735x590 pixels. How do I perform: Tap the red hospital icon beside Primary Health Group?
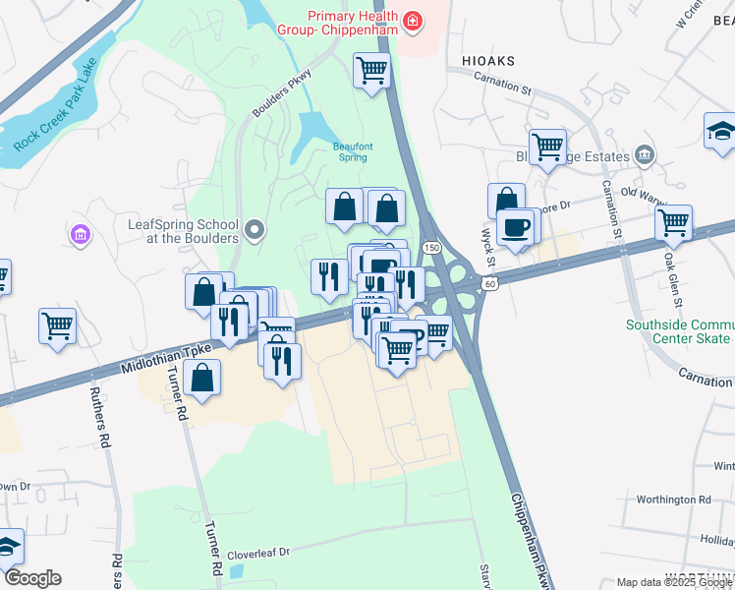coord(414,20)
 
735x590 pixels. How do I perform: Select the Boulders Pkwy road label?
coord(282,94)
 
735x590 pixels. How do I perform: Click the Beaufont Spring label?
coord(349,150)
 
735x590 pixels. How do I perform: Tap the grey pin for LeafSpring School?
coord(255,231)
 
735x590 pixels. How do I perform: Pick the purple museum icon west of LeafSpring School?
coord(80,235)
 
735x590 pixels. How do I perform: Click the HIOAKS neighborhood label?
coord(487,61)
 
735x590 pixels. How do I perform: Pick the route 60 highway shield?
coord(488,282)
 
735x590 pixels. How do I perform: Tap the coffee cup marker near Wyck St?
coord(517,227)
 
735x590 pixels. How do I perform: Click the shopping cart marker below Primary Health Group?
coord(372,70)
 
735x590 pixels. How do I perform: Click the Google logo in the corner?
coord(32,578)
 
